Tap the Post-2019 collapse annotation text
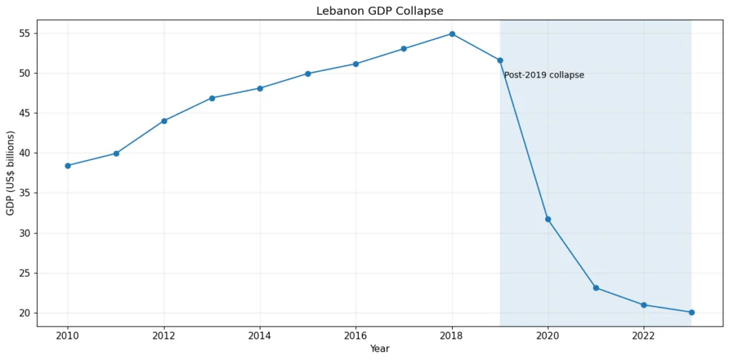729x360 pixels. pyautogui.click(x=544, y=75)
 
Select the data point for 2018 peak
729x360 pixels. pyautogui.click(x=452, y=33)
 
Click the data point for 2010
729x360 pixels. pyautogui.click(x=68, y=166)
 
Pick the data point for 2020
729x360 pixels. pyautogui.click(x=548, y=219)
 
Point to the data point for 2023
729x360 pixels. pyautogui.click(x=691, y=312)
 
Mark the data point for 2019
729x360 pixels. pyautogui.click(x=500, y=60)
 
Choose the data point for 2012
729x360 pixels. pyautogui.click(x=164, y=121)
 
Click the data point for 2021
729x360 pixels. pyautogui.click(x=596, y=288)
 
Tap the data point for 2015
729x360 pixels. pyautogui.click(x=308, y=73)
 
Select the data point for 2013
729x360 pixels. pyautogui.click(x=212, y=98)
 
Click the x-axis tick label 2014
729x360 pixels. pyautogui.click(x=260, y=336)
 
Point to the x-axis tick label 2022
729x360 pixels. pyautogui.click(x=644, y=336)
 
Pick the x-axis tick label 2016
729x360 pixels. pyautogui.click(x=356, y=336)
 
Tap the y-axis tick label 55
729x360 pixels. pyautogui.click(x=24, y=33)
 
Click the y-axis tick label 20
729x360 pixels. pyautogui.click(x=24, y=313)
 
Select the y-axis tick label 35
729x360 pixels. pyautogui.click(x=24, y=194)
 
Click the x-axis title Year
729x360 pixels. pyautogui.click(x=379, y=349)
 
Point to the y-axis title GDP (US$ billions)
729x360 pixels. pyautogui.click(x=11, y=173)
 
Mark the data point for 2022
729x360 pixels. pyautogui.click(x=644, y=305)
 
